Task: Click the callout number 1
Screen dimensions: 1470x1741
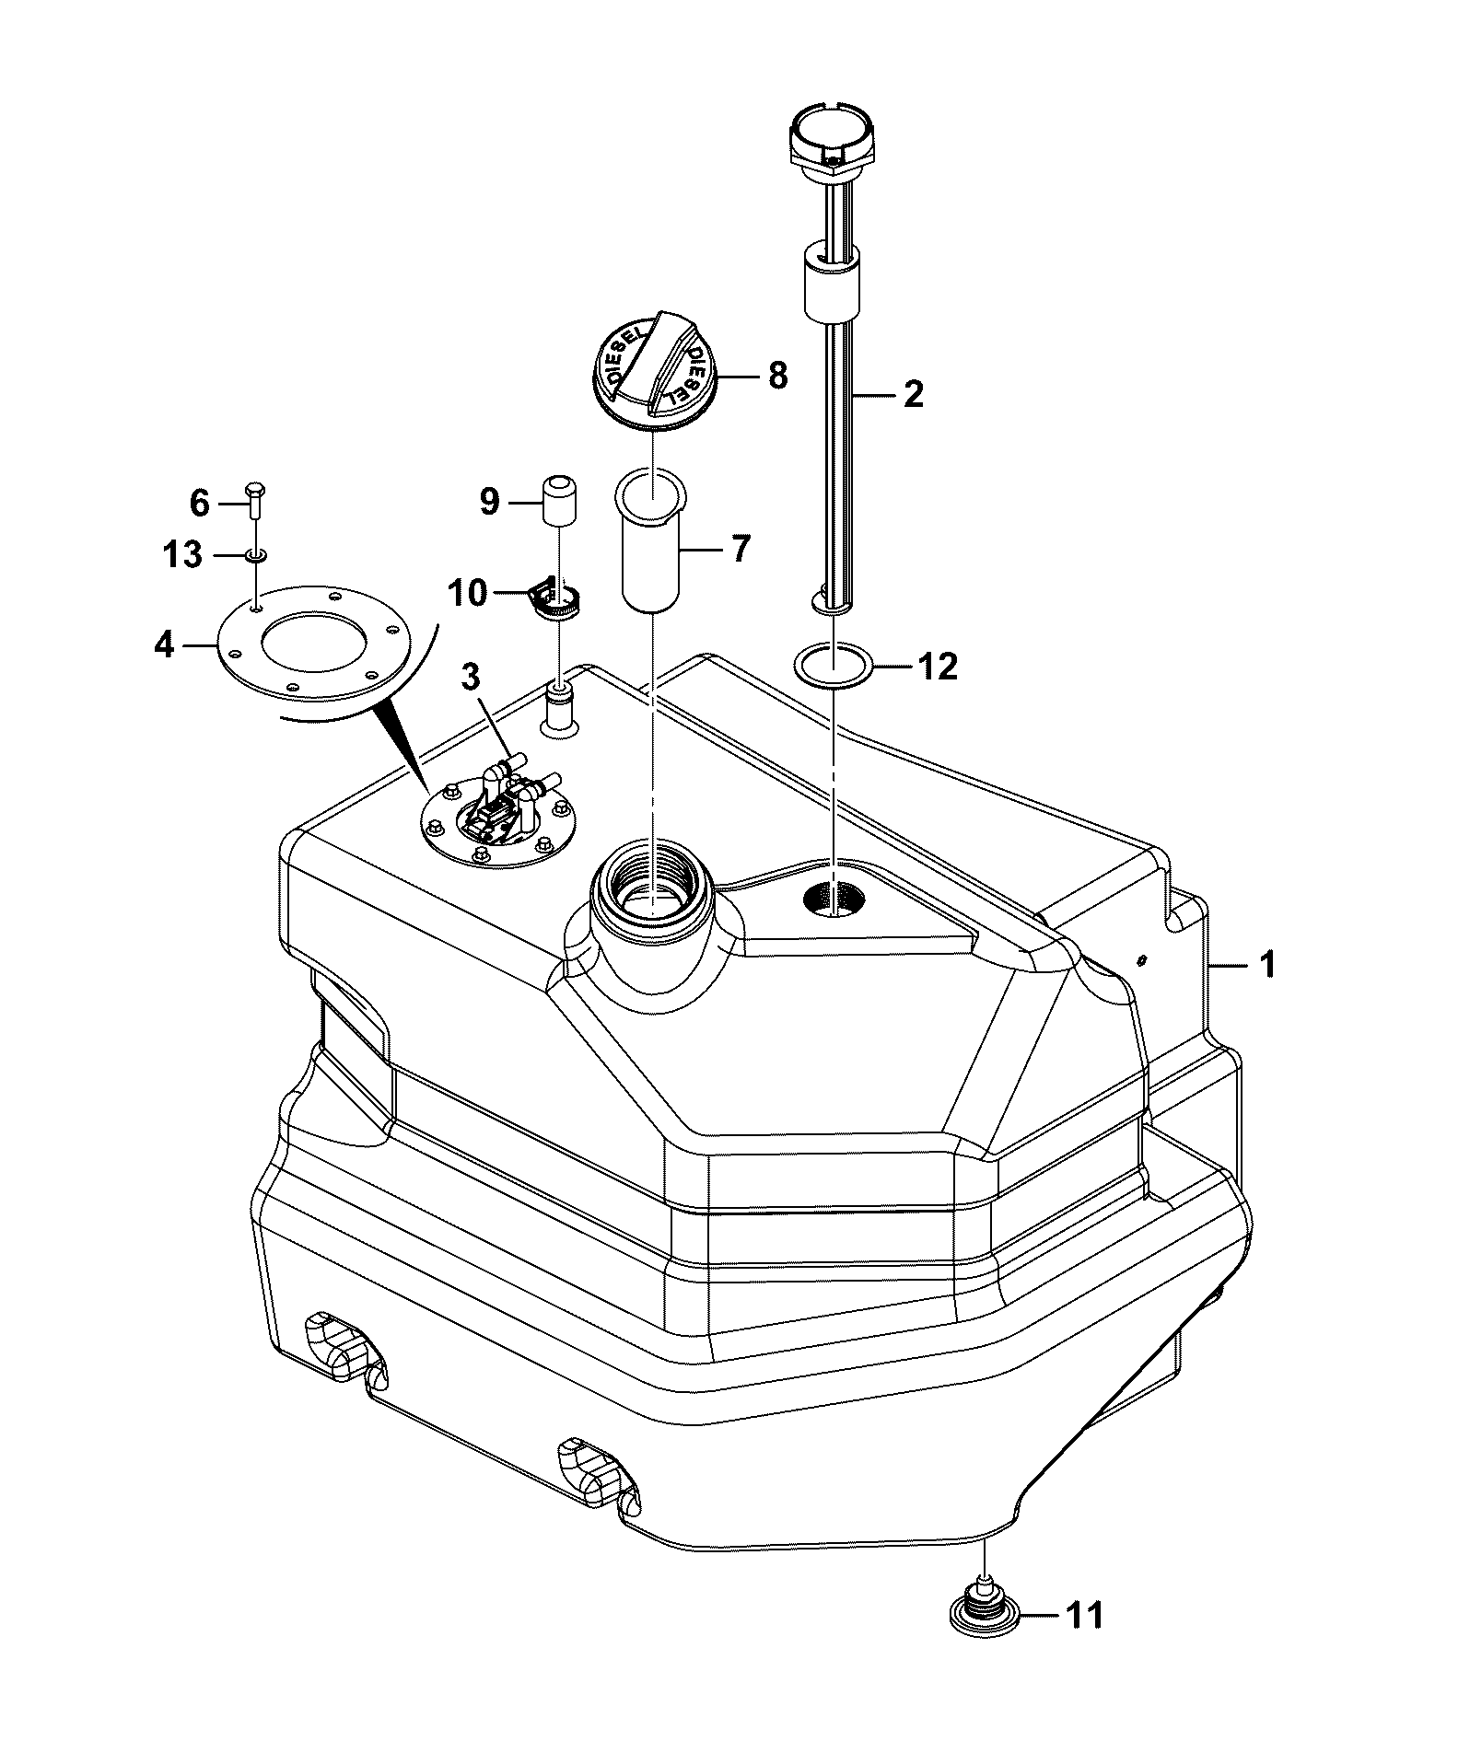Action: click(1267, 966)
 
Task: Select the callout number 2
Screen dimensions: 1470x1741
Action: click(912, 394)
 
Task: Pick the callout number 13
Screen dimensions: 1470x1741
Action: click(181, 555)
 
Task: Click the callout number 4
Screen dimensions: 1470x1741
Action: click(164, 645)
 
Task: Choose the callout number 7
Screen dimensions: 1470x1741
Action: click(741, 549)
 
